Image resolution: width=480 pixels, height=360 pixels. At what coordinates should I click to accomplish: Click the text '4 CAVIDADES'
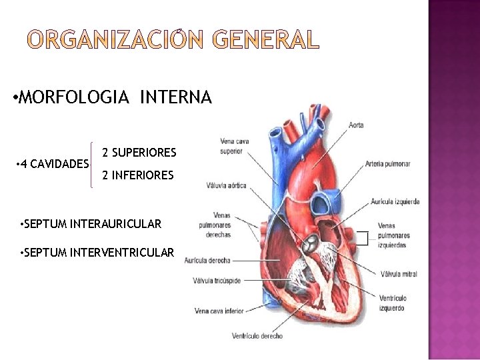(x=54, y=164)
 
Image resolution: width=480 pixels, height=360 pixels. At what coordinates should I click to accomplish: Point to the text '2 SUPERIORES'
(x=139, y=153)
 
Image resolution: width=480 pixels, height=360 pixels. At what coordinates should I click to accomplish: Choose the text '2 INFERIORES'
(x=138, y=176)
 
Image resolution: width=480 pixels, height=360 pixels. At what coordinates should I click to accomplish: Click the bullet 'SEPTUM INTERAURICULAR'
(x=92, y=224)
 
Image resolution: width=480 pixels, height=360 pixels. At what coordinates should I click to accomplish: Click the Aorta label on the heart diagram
(x=356, y=125)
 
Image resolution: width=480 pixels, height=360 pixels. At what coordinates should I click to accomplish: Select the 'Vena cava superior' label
(x=231, y=146)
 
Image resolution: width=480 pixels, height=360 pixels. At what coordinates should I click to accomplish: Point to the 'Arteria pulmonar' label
(x=387, y=164)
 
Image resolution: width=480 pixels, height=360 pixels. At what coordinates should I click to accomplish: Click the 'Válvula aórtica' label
(x=226, y=185)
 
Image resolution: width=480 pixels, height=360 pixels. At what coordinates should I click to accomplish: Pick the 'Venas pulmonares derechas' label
(x=214, y=225)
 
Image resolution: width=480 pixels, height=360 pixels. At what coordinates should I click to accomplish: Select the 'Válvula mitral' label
(x=399, y=274)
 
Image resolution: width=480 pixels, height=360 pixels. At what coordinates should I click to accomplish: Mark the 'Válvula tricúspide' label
(x=217, y=281)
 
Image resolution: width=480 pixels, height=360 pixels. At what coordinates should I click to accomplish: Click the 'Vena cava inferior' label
(x=219, y=311)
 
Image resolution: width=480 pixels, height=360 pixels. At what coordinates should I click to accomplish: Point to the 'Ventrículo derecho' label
(x=257, y=336)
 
